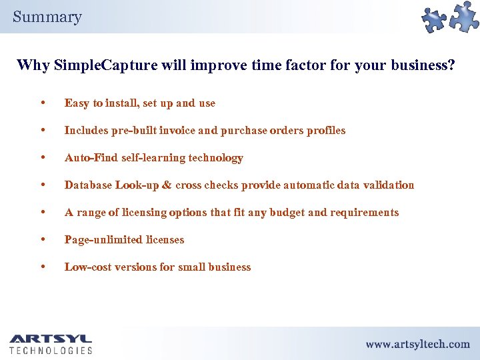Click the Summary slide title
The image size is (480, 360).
point(47,17)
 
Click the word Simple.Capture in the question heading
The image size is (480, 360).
point(100,65)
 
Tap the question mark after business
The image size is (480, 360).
point(451,65)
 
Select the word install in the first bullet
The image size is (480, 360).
point(121,103)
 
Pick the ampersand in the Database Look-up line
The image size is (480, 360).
point(167,185)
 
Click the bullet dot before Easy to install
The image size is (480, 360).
point(43,103)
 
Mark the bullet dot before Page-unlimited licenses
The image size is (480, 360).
point(43,240)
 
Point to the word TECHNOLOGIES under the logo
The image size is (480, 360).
point(51,350)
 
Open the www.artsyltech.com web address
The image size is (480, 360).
point(417,344)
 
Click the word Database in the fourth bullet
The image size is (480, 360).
point(87,185)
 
